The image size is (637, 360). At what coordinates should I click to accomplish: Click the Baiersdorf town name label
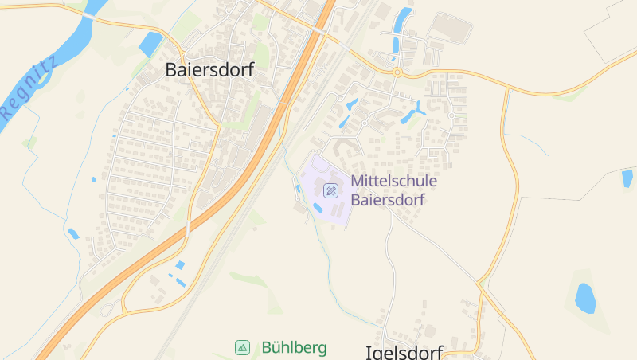(x=209, y=70)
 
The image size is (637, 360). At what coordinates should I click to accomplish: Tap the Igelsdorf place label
(x=404, y=351)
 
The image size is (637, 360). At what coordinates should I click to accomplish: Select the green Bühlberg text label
(x=294, y=348)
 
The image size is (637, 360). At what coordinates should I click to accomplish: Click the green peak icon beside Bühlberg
(x=242, y=347)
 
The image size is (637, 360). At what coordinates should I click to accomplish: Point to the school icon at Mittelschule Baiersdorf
(x=331, y=190)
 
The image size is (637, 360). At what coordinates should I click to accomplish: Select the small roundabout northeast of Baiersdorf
(x=396, y=72)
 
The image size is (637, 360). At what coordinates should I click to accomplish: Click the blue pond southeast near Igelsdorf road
(x=585, y=298)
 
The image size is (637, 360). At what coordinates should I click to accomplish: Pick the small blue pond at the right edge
(x=627, y=178)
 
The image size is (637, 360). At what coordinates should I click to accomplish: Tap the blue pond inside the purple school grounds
(x=318, y=208)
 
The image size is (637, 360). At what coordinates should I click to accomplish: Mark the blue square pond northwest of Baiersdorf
(x=150, y=45)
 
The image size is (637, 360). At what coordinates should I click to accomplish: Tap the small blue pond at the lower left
(x=73, y=233)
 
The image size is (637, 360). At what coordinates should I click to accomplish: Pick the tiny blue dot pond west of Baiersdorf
(x=93, y=179)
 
